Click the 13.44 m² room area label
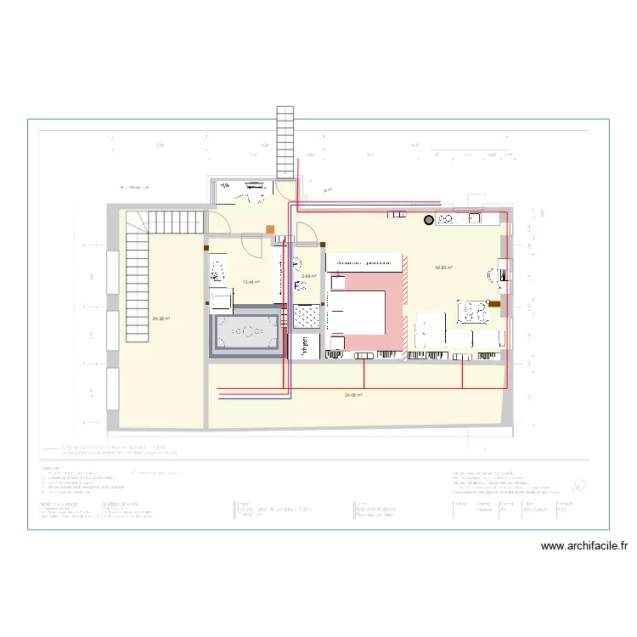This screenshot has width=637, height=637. point(251,282)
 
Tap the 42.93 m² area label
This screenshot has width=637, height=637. point(443,268)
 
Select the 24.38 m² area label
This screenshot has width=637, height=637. point(161,318)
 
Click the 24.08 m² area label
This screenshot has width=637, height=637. point(354,395)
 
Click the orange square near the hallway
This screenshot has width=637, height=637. point(270,228)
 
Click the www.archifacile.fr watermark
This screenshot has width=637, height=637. point(584,547)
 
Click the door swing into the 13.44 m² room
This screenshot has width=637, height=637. point(252,246)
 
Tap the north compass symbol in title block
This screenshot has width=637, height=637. point(580,485)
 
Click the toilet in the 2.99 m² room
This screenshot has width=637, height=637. point(296,262)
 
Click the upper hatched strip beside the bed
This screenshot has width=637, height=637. point(404,289)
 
